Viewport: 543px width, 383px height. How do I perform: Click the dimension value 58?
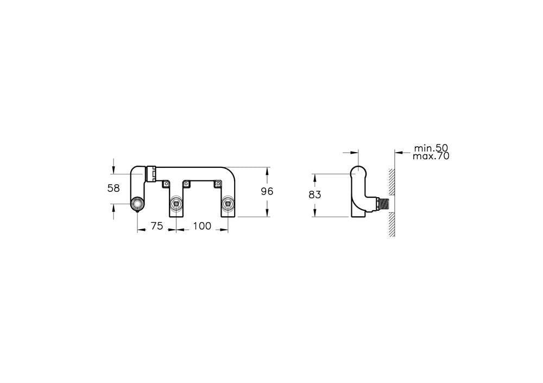coord(113,188)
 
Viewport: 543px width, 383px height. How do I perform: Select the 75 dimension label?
coord(156,227)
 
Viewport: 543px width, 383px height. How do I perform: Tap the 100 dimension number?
coord(202,227)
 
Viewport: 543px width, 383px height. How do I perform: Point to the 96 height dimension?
coord(267,191)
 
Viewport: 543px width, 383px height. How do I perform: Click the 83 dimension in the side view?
coord(315,195)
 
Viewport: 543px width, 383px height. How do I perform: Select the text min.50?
coord(431,148)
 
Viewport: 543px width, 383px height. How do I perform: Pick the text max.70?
coord(431,156)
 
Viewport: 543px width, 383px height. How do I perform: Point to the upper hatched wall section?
coord(391,182)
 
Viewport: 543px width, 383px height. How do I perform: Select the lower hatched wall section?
coord(391,224)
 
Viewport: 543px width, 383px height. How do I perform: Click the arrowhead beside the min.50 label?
coord(398,152)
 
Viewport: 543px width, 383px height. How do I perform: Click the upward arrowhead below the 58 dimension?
coord(113,206)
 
